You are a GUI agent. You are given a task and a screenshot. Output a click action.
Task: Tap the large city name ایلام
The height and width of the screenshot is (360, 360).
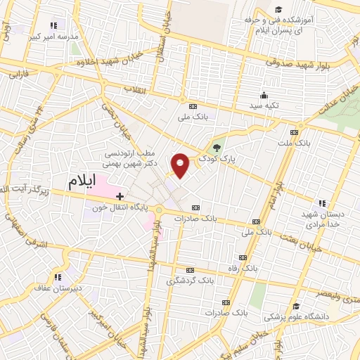coord(83,181)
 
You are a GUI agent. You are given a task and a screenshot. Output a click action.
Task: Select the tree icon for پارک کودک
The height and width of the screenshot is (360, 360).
coord(217,148)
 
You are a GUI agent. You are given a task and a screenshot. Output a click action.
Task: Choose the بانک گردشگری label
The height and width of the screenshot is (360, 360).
coord(190,281)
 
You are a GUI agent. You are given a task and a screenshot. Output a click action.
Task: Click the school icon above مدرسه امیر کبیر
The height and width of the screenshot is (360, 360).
coord(51,26)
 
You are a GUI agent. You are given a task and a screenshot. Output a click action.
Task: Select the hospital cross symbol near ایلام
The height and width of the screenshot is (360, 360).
coord(120,195)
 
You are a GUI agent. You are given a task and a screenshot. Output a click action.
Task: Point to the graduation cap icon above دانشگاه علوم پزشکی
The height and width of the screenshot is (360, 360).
coord(298,307)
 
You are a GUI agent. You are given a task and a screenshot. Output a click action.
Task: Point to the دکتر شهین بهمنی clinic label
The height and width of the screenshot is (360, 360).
coord(134,162)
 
